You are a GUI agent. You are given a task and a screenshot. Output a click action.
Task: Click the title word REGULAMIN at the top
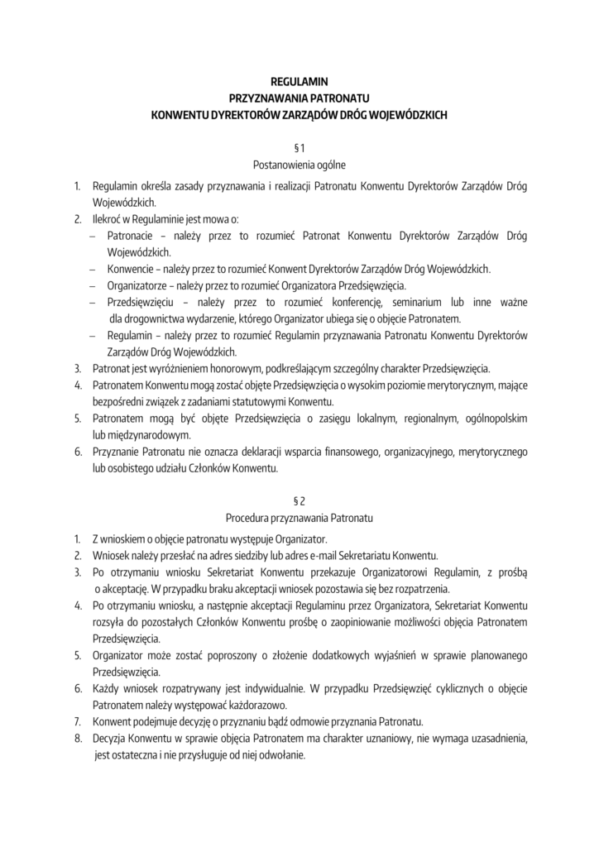[x=299, y=81]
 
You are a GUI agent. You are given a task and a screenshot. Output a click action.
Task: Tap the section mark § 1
[x=299, y=147]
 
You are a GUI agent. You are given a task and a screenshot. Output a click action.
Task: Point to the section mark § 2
[x=299, y=501]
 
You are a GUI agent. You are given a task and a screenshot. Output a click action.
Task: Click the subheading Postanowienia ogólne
[x=299, y=165]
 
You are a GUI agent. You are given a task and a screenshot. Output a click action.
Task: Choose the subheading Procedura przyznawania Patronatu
[x=299, y=519]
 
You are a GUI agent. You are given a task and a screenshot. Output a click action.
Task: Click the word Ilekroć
[x=108, y=218]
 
